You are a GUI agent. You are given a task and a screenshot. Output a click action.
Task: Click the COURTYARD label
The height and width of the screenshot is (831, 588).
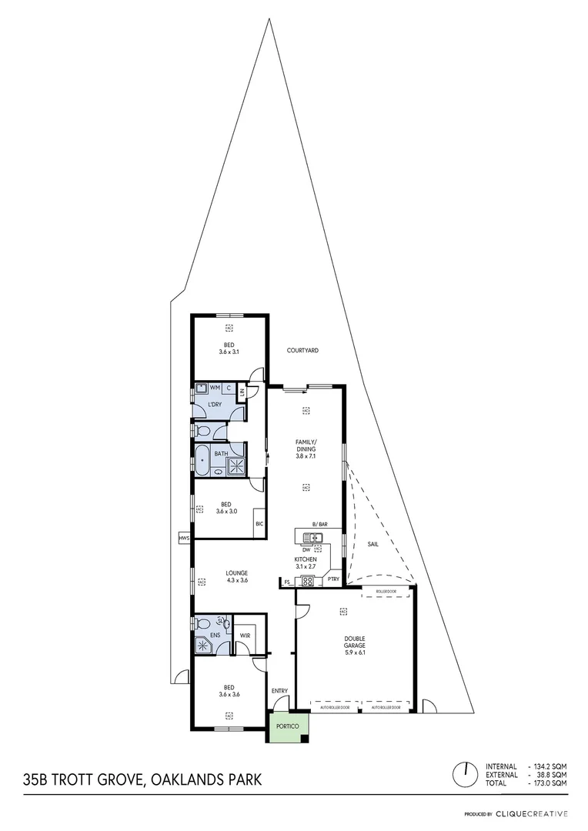click(302, 350)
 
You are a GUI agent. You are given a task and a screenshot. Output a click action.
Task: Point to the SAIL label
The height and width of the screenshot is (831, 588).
click(373, 544)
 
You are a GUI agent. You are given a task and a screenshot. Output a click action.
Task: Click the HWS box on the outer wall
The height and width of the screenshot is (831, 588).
click(184, 539)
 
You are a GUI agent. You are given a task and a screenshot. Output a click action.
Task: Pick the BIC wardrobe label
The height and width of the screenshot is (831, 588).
click(259, 524)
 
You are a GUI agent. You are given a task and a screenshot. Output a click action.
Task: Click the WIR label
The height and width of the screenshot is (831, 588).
click(245, 636)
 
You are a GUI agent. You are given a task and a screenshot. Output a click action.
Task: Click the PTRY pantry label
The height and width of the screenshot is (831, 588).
click(333, 579)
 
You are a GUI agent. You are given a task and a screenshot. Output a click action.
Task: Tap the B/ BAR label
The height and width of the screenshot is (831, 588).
click(319, 524)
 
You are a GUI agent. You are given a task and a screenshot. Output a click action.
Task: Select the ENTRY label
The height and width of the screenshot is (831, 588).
click(279, 691)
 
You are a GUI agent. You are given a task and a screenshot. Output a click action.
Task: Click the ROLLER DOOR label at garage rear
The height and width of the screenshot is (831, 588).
click(386, 592)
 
